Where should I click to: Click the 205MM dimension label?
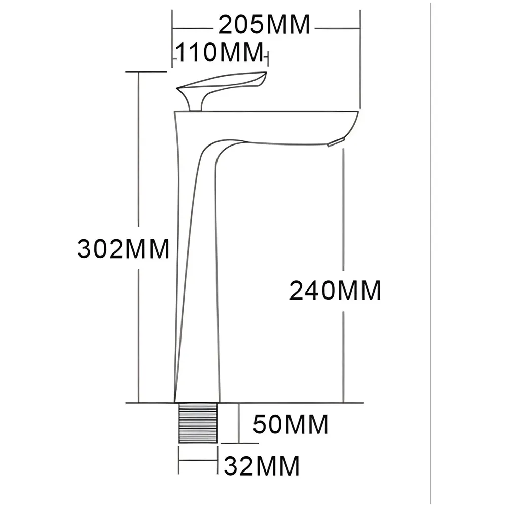click(x=264, y=24)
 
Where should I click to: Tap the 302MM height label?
click(x=123, y=249)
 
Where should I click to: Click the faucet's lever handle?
click(x=223, y=84)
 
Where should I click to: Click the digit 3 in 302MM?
click(x=85, y=249)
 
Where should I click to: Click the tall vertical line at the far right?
click(x=430, y=253)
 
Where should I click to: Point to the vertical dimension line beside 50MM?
click(x=239, y=423)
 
